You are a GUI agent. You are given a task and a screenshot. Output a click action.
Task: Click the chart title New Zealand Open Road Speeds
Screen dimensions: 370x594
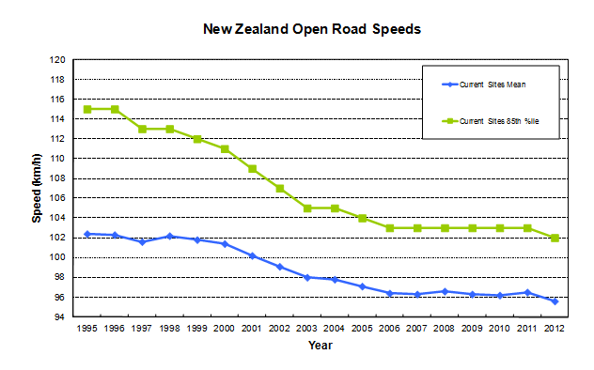(x=311, y=29)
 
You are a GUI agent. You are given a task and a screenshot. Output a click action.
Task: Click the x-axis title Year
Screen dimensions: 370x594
(x=320, y=345)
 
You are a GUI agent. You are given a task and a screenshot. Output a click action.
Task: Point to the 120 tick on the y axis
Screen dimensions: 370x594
(x=58, y=59)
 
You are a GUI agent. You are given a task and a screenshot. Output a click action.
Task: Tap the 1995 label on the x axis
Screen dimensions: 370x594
(x=87, y=329)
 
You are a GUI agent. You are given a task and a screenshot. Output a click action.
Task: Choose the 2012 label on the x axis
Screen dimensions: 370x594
(x=555, y=329)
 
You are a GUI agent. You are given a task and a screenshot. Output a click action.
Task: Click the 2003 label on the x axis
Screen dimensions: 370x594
(x=307, y=329)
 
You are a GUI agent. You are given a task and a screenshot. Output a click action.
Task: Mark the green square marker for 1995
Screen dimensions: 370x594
(x=87, y=109)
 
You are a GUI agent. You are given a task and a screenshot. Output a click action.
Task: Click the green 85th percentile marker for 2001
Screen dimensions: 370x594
(x=252, y=169)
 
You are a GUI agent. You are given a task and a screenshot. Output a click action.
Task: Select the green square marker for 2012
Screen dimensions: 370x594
(x=555, y=238)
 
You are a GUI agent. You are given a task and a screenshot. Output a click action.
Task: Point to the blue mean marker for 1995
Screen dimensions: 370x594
(x=87, y=234)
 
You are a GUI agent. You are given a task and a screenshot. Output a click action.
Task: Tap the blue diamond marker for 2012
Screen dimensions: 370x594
(x=555, y=301)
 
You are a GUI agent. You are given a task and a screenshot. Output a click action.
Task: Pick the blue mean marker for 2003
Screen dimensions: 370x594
(x=307, y=277)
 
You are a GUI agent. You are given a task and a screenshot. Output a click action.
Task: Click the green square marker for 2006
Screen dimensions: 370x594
(x=390, y=228)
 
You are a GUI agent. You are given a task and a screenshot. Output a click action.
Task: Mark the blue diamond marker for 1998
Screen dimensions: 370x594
(x=170, y=237)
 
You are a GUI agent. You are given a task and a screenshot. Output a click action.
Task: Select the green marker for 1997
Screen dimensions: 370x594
(x=142, y=129)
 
